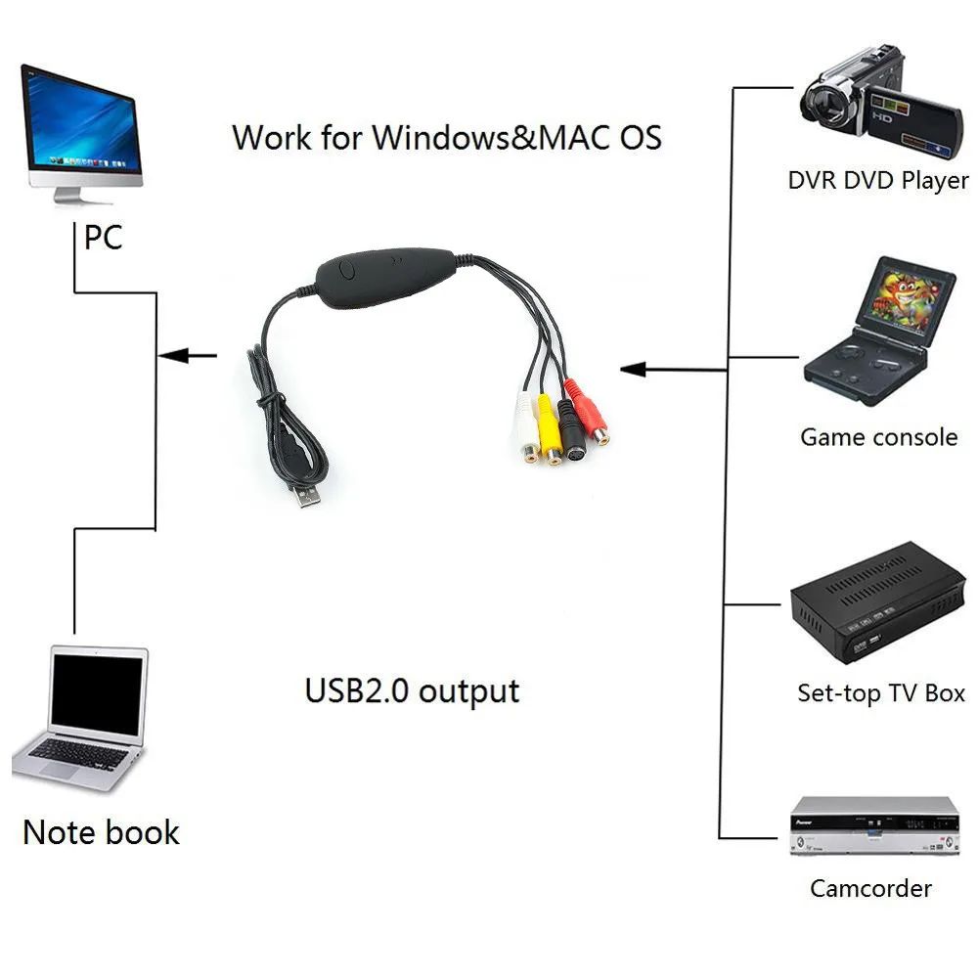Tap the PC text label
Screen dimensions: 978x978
[103, 237]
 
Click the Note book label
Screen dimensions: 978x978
[101, 833]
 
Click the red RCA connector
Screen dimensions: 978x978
[590, 417]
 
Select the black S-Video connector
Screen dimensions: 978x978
[572, 431]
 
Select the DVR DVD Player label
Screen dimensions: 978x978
[877, 181]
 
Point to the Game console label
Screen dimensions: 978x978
[878, 437]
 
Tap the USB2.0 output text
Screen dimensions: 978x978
[412, 690]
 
